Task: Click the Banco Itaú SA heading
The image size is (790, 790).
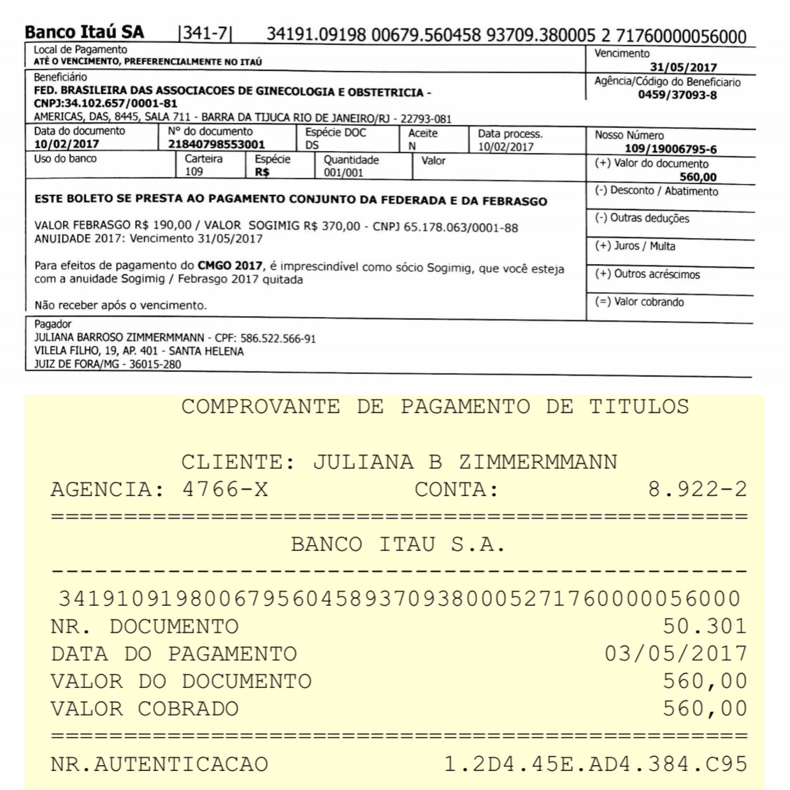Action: pyautogui.click(x=84, y=32)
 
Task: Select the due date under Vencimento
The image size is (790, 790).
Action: pyautogui.click(x=683, y=67)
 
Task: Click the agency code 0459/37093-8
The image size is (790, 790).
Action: pyautogui.click(x=677, y=95)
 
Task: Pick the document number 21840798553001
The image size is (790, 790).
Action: pyautogui.click(x=216, y=144)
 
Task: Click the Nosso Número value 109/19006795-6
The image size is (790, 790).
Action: pyautogui.click(x=670, y=149)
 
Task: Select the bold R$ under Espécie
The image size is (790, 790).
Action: pyautogui.click(x=262, y=172)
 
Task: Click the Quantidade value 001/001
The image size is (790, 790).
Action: pyautogui.click(x=343, y=172)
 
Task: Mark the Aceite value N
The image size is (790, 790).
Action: pyautogui.click(x=412, y=146)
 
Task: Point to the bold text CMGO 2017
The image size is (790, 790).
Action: pyautogui.click(x=230, y=266)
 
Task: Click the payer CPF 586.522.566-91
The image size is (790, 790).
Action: pyautogui.click(x=278, y=339)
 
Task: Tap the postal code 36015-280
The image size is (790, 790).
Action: pyautogui.click(x=155, y=364)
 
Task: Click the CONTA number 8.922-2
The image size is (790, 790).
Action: pyautogui.click(x=697, y=490)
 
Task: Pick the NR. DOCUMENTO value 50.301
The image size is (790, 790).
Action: pyautogui.click(x=704, y=626)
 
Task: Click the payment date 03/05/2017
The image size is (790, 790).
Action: pyautogui.click(x=676, y=654)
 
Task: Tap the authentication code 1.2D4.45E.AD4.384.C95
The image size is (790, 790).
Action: pyautogui.click(x=595, y=764)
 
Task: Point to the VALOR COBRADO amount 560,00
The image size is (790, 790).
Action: pyautogui.click(x=704, y=709)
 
